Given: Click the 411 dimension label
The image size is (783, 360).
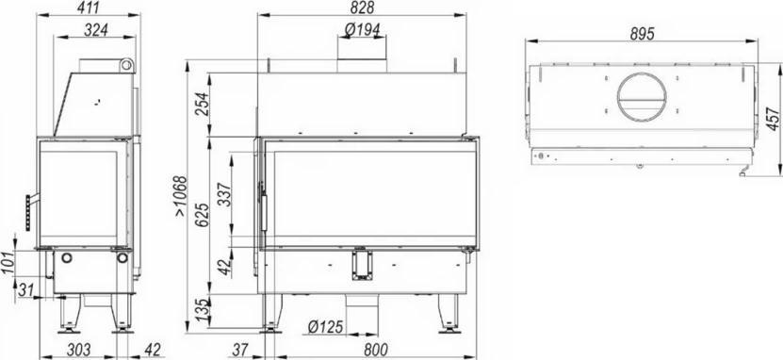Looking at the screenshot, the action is tap(90, 8).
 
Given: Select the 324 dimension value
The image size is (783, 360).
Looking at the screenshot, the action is tap(96, 30).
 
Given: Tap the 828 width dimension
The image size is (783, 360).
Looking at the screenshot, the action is tap(362, 8).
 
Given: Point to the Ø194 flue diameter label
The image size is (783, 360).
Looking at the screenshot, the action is tap(362, 30).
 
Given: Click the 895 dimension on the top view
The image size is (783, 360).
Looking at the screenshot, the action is tap(642, 34).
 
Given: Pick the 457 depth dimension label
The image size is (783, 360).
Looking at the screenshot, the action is tap(773, 120).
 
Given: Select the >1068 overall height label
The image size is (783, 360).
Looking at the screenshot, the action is tap(180, 196).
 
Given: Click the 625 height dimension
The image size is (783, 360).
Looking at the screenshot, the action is tap(203, 215).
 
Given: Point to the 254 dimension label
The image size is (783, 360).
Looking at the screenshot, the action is tap(203, 105).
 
